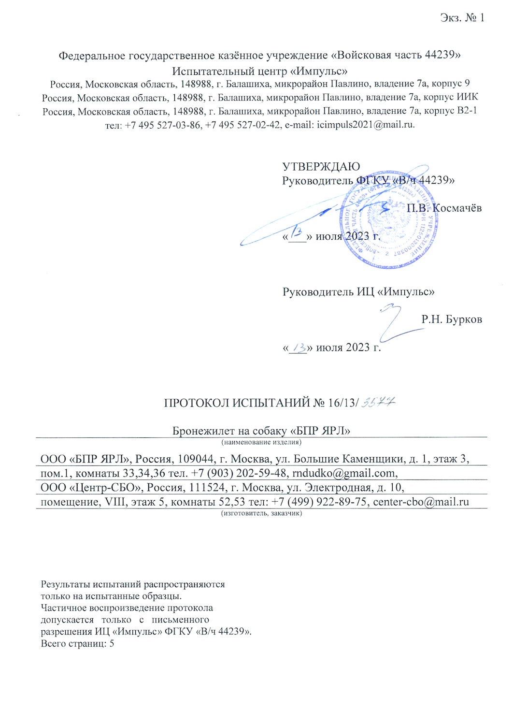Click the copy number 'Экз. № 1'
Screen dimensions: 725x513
click(462, 18)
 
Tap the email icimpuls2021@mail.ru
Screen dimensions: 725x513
click(365, 125)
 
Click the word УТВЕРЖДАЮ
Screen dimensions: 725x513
click(321, 167)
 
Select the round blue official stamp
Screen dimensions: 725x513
click(389, 220)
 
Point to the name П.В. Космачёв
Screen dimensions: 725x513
click(444, 208)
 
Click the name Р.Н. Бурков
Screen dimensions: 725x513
click(451, 319)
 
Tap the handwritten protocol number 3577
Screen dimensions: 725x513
click(379, 402)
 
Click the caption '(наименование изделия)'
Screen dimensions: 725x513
click(261, 442)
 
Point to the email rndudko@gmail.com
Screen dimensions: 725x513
click(344, 473)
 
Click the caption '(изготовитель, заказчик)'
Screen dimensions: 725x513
click(261, 513)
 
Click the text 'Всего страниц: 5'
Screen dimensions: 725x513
click(77, 644)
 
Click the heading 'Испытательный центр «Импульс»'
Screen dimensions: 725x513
click(260, 71)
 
